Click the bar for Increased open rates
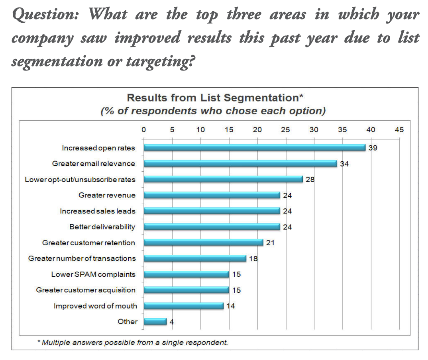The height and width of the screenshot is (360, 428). coord(254,148)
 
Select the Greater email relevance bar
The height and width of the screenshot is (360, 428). coord(240,163)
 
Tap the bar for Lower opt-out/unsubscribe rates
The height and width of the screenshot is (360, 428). coord(223,179)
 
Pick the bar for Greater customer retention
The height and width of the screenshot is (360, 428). coord(203,243)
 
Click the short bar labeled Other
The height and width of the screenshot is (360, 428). coord(155,321)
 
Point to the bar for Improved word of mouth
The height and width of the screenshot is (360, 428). coord(183,306)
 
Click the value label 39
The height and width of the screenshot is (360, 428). coord(373,148)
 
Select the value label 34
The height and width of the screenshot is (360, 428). coord(344,164)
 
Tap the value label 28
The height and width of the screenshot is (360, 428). coord(310,179)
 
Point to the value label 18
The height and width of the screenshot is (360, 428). coord(253,258)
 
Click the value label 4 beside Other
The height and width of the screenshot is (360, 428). coord(171,322)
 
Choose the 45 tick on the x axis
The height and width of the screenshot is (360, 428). coord(399,129)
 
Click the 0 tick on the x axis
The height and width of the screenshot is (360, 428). coord(143,129)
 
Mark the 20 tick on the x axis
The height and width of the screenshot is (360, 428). coord(257,129)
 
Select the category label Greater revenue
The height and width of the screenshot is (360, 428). coord(107,195)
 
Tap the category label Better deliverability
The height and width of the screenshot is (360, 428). coord(102,227)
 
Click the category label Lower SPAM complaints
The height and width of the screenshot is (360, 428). coord(93,274)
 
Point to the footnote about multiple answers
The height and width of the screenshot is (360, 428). coord(132,342)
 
